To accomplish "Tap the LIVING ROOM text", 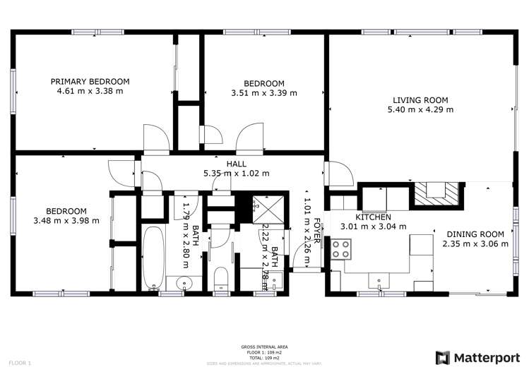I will (420, 100).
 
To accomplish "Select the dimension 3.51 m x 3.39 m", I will (263, 92).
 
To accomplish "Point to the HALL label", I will (236, 164).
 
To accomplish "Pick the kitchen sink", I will (382, 281).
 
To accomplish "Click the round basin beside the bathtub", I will (185, 284).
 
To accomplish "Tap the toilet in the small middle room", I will (220, 278).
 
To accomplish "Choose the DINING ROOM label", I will (473, 234).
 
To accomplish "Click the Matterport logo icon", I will (444, 358).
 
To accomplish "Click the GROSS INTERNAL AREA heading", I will (263, 347).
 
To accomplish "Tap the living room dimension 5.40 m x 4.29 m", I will (420, 109).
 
